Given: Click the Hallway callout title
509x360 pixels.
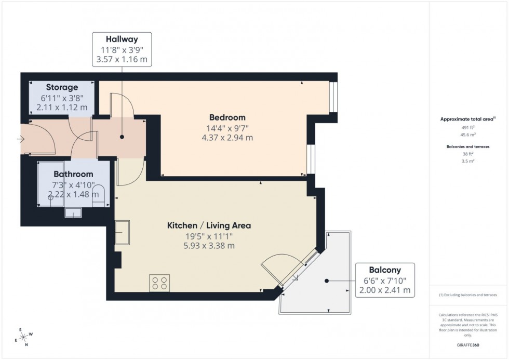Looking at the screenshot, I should (122, 39).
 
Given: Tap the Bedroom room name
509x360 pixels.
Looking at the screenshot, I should (227, 117).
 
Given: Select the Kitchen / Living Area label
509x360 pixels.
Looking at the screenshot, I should (209, 225).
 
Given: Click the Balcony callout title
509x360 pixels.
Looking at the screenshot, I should (384, 270).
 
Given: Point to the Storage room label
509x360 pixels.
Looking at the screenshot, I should (62, 87).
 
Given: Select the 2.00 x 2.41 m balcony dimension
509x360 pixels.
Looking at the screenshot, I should (385, 290).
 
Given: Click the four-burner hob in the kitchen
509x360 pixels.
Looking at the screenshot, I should (159, 282).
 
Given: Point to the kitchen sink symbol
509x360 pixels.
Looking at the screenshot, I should (123, 229).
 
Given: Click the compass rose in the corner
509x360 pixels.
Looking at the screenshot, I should (23, 336).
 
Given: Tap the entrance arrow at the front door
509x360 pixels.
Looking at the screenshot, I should (21, 139).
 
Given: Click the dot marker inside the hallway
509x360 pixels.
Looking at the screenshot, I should (122, 137).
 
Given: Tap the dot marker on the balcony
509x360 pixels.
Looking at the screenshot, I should (327, 281).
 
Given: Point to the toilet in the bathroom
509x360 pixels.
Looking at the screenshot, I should (98, 197).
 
